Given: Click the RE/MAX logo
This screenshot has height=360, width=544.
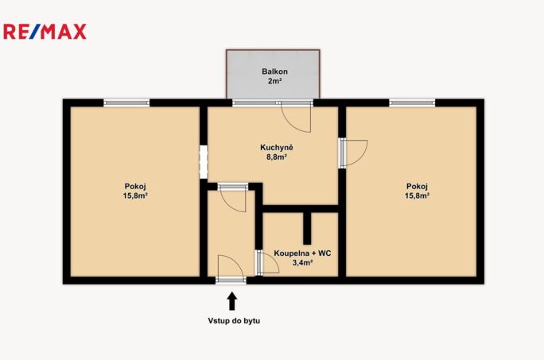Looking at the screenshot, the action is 45,32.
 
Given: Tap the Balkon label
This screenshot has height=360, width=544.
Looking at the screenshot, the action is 274,72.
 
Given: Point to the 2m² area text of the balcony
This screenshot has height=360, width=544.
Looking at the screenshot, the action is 274,81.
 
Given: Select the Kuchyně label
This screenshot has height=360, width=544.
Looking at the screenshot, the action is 277,147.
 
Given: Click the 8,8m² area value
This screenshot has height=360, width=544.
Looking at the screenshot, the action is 277,157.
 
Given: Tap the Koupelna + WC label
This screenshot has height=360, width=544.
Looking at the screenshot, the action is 302,254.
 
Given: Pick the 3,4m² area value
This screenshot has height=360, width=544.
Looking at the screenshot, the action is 302,262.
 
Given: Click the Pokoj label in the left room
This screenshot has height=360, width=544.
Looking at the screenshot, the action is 135,186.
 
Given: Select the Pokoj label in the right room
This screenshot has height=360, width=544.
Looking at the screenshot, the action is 417,186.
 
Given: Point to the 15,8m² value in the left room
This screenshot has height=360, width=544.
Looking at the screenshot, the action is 135,195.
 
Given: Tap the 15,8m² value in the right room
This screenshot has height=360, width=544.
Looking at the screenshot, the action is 417,195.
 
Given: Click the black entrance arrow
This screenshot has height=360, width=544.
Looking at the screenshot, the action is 232,301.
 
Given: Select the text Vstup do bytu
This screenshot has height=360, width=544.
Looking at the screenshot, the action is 234,321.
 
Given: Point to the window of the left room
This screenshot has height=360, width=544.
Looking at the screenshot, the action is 126,103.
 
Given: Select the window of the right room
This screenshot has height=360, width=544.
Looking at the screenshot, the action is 412,103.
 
